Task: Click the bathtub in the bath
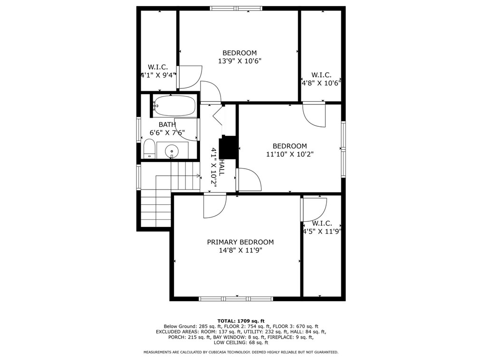pyautogui.click(x=174, y=105)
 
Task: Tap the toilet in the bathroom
pyautogui.click(x=149, y=149)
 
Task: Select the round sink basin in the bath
pyautogui.click(x=172, y=151)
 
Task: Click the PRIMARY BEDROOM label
pyautogui.click(x=240, y=242)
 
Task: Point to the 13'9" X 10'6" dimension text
pyautogui.click(x=240, y=61)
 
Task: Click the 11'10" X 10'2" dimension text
pyautogui.click(x=289, y=154)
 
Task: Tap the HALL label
pyautogui.click(x=222, y=167)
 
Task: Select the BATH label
pyautogui.click(x=167, y=124)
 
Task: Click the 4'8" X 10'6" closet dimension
pyautogui.click(x=321, y=83)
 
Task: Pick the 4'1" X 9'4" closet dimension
pyautogui.click(x=158, y=75)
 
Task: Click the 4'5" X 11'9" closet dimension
pyautogui.click(x=322, y=231)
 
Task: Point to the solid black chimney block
pyautogui.click(x=228, y=147)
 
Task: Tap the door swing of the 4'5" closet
pyautogui.click(x=315, y=209)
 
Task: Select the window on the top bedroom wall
pyautogui.click(x=236, y=8)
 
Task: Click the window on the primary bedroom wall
pyautogui.click(x=236, y=299)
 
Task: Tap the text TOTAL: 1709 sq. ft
pyautogui.click(x=241, y=321)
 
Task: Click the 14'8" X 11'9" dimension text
pyautogui.click(x=241, y=250)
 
